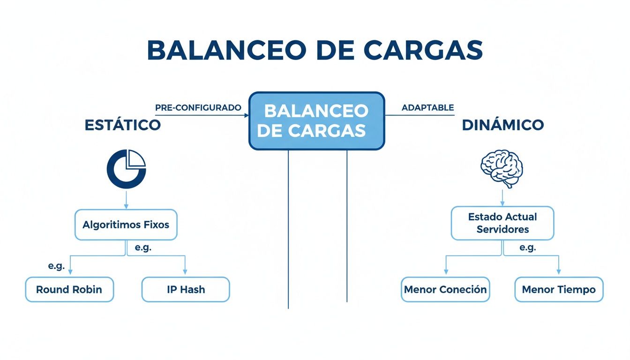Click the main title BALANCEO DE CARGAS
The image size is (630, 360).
[315, 50]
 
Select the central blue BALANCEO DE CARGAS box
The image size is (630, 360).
[316, 120]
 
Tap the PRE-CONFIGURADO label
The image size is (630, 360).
[198, 107]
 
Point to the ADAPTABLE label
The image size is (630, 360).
[427, 107]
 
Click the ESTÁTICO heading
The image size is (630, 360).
[123, 125]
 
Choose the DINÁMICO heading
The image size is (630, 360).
[502, 125]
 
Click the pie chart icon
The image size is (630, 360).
[127, 169]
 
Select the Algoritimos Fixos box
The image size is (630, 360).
[126, 225]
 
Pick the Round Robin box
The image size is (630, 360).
[69, 289]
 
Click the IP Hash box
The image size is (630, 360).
[186, 289]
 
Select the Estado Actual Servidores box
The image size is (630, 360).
[502, 223]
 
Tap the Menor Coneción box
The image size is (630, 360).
[445, 289]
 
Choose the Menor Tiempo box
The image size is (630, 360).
[559, 289]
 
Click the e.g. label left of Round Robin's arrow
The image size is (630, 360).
[56, 266]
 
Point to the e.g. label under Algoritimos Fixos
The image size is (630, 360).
[142, 247]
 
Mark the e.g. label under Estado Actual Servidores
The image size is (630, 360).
[527, 247]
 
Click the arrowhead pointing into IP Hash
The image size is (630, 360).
[185, 272]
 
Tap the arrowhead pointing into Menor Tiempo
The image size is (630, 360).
[559, 272]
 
